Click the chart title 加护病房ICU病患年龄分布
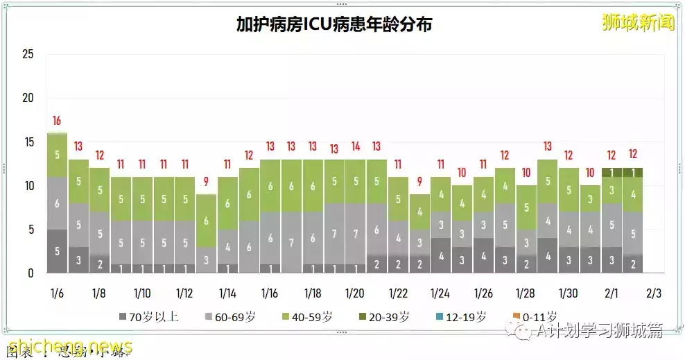(x=334, y=25)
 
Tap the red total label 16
(x=57, y=121)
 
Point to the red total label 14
(x=356, y=147)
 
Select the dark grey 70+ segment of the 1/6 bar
(x=57, y=251)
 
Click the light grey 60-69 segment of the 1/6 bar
(x=57, y=203)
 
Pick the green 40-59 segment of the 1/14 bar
(x=227, y=203)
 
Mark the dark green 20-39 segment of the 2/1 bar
(x=612, y=172)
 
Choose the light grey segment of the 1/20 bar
(x=356, y=233)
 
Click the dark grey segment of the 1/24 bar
(x=441, y=255)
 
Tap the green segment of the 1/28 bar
(x=526, y=207)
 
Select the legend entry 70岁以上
(x=148, y=317)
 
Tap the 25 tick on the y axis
(x=28, y=54)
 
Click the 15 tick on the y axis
(x=28, y=142)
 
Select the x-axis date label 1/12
(x=184, y=293)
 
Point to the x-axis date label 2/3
(x=654, y=293)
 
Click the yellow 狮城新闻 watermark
(x=638, y=23)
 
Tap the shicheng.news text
(x=69, y=345)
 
